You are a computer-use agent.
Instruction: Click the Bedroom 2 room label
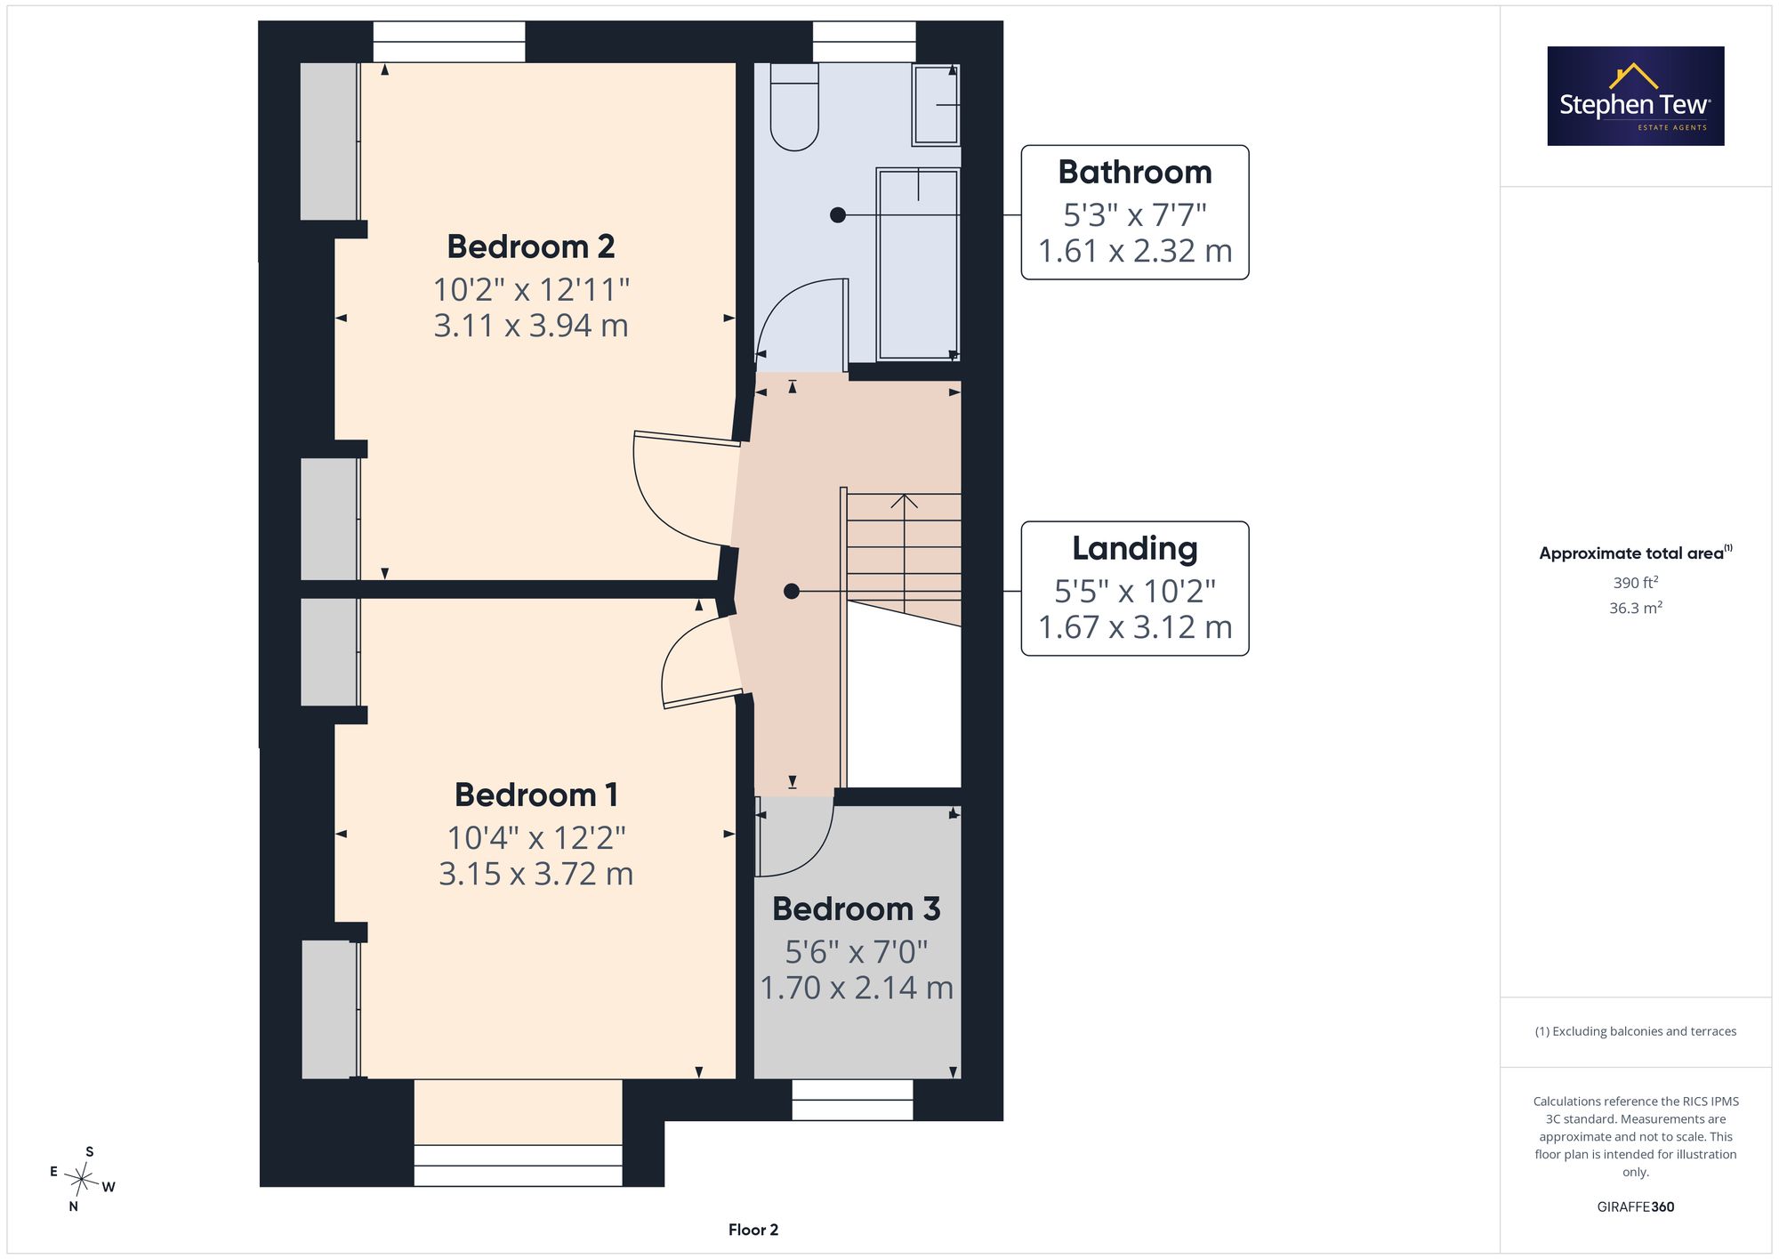[531, 246]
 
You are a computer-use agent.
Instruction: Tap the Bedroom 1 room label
[536, 795]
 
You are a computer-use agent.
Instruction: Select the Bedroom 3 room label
[857, 908]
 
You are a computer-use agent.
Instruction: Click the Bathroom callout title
[1135, 172]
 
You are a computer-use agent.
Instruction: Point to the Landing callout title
[1135, 548]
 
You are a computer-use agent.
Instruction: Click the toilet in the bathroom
[794, 107]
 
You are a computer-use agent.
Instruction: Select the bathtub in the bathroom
[918, 265]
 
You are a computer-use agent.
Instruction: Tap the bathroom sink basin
[936, 105]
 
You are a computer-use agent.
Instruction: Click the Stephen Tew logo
[1636, 96]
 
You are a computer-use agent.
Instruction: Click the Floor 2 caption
[753, 1230]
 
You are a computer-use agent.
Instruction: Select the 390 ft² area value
[1636, 583]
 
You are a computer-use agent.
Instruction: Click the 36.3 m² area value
[1636, 609]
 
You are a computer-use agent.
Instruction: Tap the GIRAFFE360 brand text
[1636, 1207]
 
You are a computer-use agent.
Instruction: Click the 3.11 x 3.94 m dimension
[531, 326]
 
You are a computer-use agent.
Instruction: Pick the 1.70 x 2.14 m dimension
[857, 988]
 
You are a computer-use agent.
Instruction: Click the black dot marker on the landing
[792, 592]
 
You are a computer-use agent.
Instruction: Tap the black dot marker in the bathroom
[838, 214]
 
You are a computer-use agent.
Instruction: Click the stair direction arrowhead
[904, 501]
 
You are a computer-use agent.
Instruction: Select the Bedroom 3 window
[852, 1100]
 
